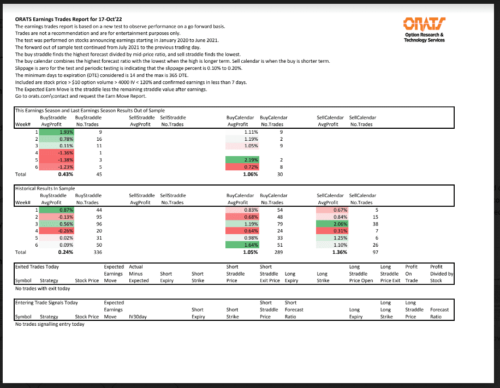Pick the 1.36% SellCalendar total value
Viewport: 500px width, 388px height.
tap(339, 253)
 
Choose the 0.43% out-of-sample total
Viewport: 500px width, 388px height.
tap(66, 175)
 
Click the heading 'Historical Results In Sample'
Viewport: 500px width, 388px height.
tap(45, 188)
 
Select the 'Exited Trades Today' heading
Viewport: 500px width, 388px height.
tap(37, 267)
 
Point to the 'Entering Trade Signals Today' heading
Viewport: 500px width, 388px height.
tap(46, 303)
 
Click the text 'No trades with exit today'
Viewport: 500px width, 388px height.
tap(43, 288)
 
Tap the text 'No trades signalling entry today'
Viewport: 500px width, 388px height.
tap(50, 324)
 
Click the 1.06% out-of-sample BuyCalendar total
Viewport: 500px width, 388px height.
tap(249, 175)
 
